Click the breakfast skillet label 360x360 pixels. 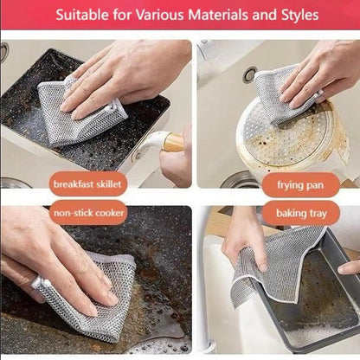click(89, 184)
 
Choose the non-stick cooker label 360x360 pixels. click(89, 211)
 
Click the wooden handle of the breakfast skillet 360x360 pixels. click(173, 142)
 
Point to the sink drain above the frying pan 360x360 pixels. click(249, 75)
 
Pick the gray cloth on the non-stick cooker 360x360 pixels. click(87, 299)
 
